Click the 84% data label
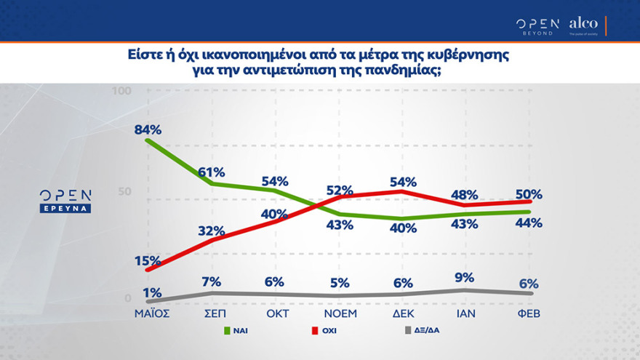(x=148, y=129)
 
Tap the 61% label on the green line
(x=211, y=172)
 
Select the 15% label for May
(x=148, y=260)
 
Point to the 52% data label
(x=339, y=190)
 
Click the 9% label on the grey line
(x=464, y=277)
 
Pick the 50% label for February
(x=529, y=194)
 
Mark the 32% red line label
(x=211, y=231)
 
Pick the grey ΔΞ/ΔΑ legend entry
(x=423, y=331)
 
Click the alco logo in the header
(x=583, y=25)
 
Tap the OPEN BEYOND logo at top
(x=537, y=25)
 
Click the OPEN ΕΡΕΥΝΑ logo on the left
(x=65, y=201)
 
